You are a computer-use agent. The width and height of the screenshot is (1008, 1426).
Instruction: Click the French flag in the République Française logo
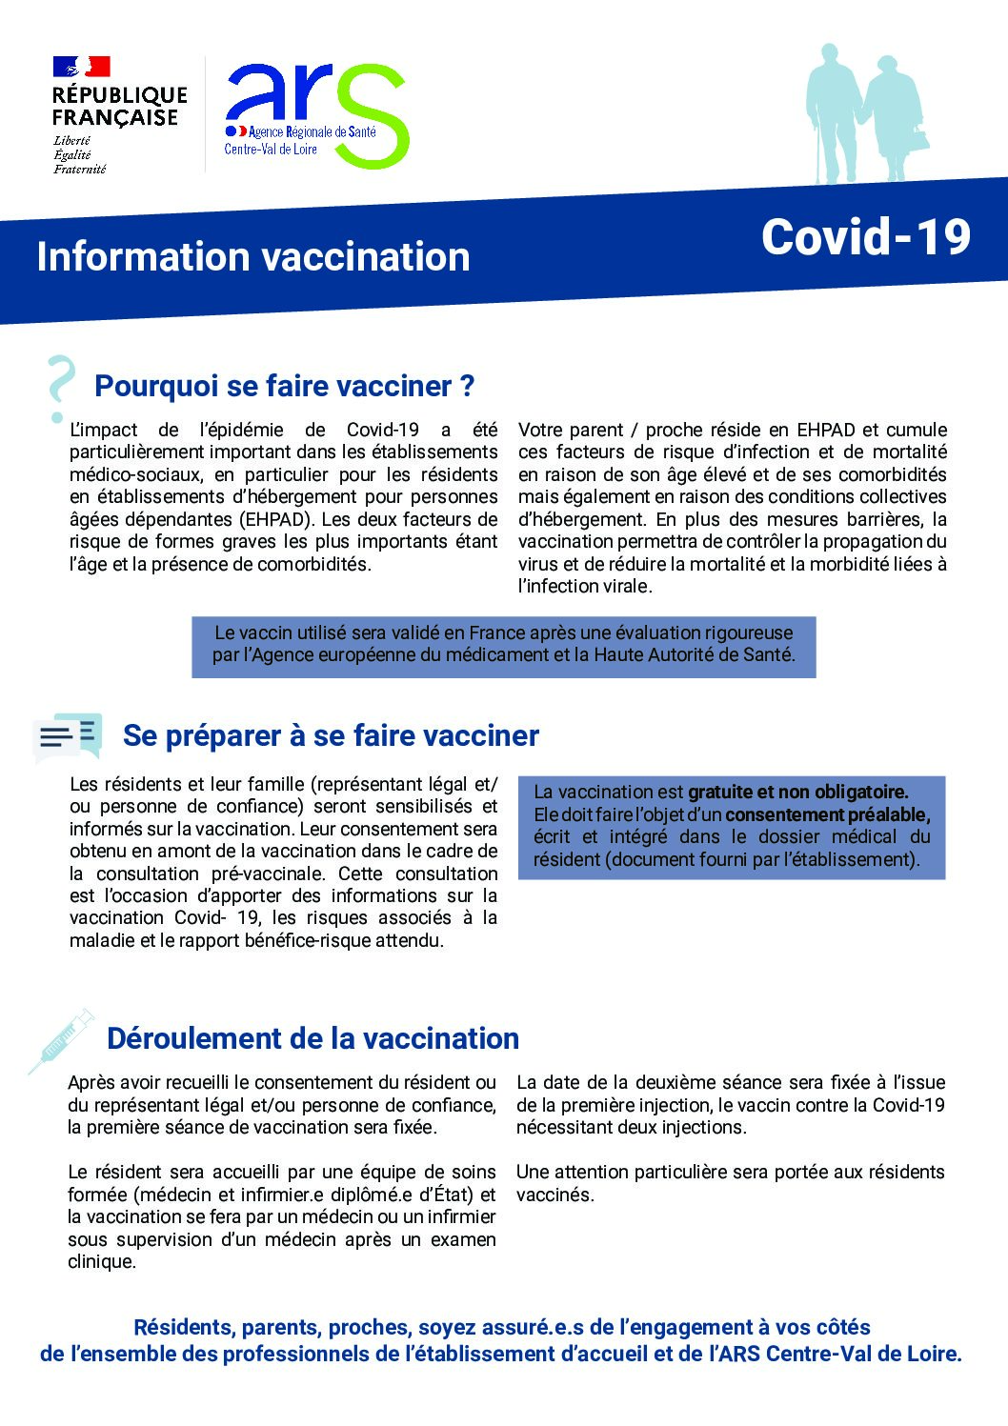(82, 67)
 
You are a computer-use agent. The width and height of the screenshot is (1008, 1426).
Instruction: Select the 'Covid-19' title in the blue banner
(865, 237)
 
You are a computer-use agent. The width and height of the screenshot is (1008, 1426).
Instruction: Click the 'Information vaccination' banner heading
(253, 256)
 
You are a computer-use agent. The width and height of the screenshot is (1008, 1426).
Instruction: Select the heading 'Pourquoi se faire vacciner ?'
(284, 386)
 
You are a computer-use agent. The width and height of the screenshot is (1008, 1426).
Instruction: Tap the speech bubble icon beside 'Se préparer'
(68, 736)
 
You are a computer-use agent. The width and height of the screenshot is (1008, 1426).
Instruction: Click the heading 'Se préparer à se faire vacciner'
(331, 735)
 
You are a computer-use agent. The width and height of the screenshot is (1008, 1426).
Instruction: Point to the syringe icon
(61, 1040)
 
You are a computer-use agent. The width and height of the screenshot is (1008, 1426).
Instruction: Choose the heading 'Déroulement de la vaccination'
(312, 1037)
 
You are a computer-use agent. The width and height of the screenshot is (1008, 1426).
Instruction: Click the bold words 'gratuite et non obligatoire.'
(798, 792)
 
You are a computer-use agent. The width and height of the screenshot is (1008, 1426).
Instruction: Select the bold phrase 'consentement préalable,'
(827, 814)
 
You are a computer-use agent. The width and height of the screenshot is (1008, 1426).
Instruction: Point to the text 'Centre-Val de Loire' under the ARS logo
(271, 149)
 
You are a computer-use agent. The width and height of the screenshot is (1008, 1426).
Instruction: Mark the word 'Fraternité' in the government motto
(79, 170)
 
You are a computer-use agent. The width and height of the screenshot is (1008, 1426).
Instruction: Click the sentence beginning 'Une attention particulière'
(730, 1182)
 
